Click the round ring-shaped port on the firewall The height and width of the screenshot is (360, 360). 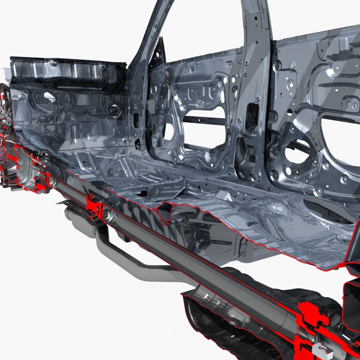pyautogui.click(x=114, y=109)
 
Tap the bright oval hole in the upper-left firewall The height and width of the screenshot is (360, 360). pyautogui.click(x=50, y=97)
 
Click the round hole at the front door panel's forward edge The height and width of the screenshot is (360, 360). pyautogui.click(x=169, y=132)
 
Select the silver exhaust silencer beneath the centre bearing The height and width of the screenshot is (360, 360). pyautogui.click(x=80, y=222)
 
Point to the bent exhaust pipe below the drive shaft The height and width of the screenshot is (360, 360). pyautogui.click(x=133, y=260)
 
